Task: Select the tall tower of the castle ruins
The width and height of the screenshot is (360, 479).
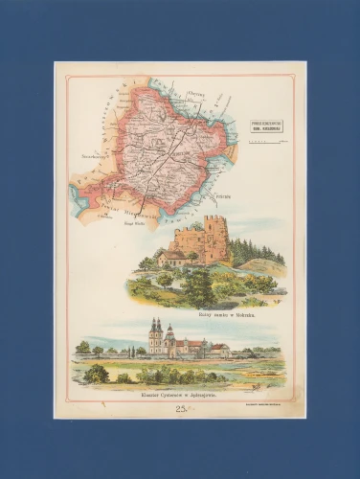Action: pyautogui.click(x=215, y=239)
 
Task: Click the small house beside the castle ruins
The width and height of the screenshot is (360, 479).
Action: pyautogui.click(x=173, y=257)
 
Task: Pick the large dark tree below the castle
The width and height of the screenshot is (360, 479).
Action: pyautogui.click(x=199, y=287)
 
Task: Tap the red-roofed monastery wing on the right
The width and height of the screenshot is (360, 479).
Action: pyautogui.click(x=219, y=350)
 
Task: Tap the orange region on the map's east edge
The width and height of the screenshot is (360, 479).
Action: pyautogui.click(x=230, y=153)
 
